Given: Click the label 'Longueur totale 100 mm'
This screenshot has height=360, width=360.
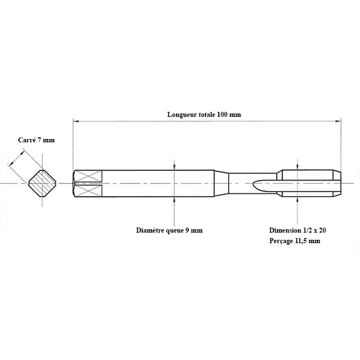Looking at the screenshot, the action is pos(204,114).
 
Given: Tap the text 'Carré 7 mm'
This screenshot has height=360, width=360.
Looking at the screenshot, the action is pos(37,140).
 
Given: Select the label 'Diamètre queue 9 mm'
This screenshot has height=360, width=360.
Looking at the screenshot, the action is pos(169,230).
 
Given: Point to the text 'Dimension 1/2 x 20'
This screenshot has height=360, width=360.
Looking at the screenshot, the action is pos(297,230).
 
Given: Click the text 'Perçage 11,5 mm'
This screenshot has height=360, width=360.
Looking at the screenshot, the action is pos(295,241).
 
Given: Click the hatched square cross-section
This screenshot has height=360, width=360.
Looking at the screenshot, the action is pos(43,183).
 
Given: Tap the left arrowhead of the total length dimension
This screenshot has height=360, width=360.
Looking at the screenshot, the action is pos(76,121).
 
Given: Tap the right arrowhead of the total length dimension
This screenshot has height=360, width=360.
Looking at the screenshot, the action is pos(338,121).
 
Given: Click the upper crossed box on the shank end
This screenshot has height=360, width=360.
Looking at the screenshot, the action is pos(89,176).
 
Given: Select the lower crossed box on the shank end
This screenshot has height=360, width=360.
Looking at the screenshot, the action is pos(89,191).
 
